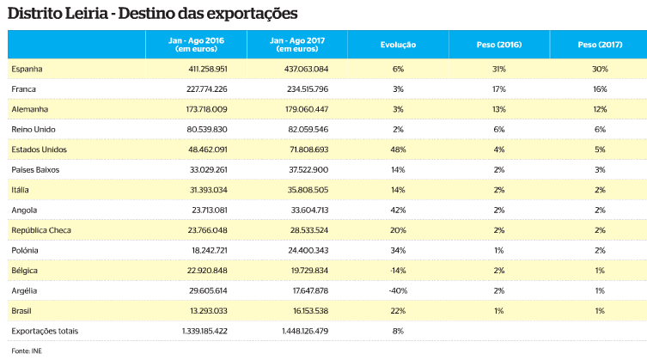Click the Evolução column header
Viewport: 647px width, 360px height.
(398, 43)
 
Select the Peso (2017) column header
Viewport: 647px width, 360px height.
(600, 43)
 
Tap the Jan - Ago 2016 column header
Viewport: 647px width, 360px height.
(196, 44)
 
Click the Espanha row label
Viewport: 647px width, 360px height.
(27, 69)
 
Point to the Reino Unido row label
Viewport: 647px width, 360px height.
(34, 129)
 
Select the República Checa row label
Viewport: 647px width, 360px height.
(42, 230)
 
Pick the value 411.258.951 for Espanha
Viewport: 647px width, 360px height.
(204, 69)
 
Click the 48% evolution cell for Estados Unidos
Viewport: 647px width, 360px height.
(398, 149)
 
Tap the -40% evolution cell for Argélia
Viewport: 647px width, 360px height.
(398, 290)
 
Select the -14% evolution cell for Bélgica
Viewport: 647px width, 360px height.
(398, 271)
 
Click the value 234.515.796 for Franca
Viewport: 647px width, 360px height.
(306, 88)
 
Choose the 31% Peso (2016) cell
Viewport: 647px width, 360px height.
(499, 69)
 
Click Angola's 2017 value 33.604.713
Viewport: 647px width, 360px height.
(308, 210)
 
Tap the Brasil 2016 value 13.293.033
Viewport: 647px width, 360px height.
(206, 310)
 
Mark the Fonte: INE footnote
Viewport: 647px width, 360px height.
(26, 351)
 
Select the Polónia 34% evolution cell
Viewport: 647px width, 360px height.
(398, 250)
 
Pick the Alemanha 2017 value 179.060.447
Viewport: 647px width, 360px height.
(306, 109)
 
